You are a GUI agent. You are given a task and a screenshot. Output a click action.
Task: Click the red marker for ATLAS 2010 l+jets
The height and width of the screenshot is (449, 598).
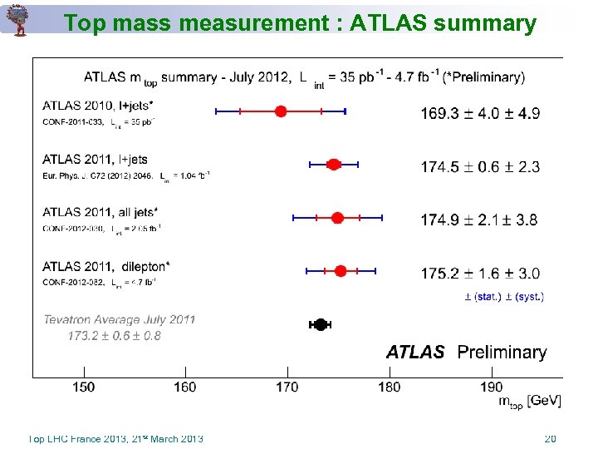point(281,111)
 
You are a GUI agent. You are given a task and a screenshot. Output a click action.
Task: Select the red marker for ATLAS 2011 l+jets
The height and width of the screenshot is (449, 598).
point(334,165)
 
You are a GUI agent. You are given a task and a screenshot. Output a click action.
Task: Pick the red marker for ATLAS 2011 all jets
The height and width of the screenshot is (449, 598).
point(337,218)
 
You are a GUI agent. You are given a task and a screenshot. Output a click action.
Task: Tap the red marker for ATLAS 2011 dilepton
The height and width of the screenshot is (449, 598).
point(341,271)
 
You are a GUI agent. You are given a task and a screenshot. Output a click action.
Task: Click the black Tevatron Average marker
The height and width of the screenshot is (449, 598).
point(321,324)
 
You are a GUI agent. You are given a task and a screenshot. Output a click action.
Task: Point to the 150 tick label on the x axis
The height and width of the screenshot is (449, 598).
point(83,387)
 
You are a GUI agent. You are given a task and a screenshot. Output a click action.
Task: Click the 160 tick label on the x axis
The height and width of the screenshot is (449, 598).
point(185,387)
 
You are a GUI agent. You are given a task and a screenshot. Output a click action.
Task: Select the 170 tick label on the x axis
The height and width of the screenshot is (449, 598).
point(287,387)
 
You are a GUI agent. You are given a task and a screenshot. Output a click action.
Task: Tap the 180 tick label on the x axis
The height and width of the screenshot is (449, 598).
point(389,387)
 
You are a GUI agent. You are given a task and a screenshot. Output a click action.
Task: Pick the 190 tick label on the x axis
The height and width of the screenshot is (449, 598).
point(491,387)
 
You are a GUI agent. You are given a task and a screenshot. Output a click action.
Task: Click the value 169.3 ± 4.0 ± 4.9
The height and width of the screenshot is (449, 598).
point(480,113)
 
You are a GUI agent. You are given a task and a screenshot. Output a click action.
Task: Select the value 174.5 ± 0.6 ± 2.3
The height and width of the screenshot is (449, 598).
point(480,167)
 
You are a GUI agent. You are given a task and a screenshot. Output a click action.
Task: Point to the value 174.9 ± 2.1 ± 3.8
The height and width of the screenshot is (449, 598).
point(479,220)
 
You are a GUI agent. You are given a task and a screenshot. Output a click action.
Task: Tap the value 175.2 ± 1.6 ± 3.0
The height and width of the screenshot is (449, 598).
point(480,274)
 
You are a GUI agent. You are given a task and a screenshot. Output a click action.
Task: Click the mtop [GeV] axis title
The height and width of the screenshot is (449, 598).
point(530,401)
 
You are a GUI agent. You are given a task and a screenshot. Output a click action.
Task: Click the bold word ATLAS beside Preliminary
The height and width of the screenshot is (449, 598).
point(415,353)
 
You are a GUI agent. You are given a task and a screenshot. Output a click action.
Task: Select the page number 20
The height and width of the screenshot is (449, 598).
point(549,439)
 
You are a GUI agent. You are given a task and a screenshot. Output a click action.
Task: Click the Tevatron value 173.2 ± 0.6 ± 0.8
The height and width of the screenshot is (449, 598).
point(115,336)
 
